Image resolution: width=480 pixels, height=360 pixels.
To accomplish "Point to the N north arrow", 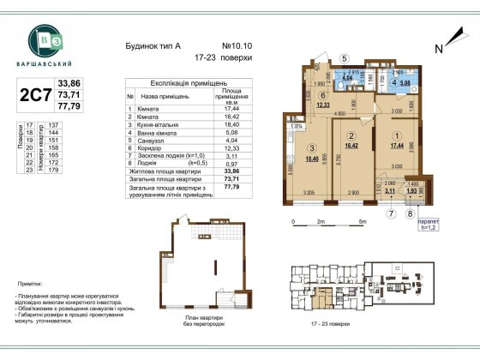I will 438,48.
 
